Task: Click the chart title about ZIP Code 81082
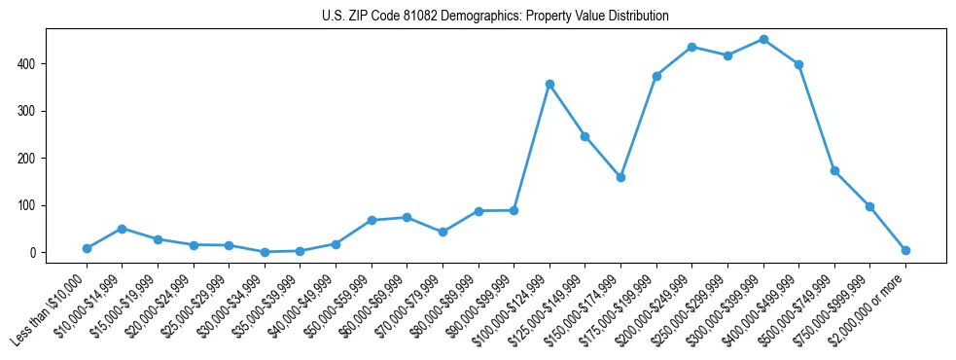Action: coord(495,17)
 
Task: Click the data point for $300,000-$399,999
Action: coord(763,40)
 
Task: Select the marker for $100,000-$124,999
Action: coord(549,85)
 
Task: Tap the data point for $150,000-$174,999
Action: coord(620,177)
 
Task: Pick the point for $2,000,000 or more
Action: coord(905,250)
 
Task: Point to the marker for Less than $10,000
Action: coord(87,248)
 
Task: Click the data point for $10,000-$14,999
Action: coord(122,229)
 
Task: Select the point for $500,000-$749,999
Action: coord(834,170)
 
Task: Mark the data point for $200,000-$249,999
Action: coord(691,47)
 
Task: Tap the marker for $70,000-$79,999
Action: coord(443,232)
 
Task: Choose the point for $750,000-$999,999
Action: coord(869,206)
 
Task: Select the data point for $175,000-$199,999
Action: coord(656,76)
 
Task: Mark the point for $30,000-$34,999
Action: coord(265,252)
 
